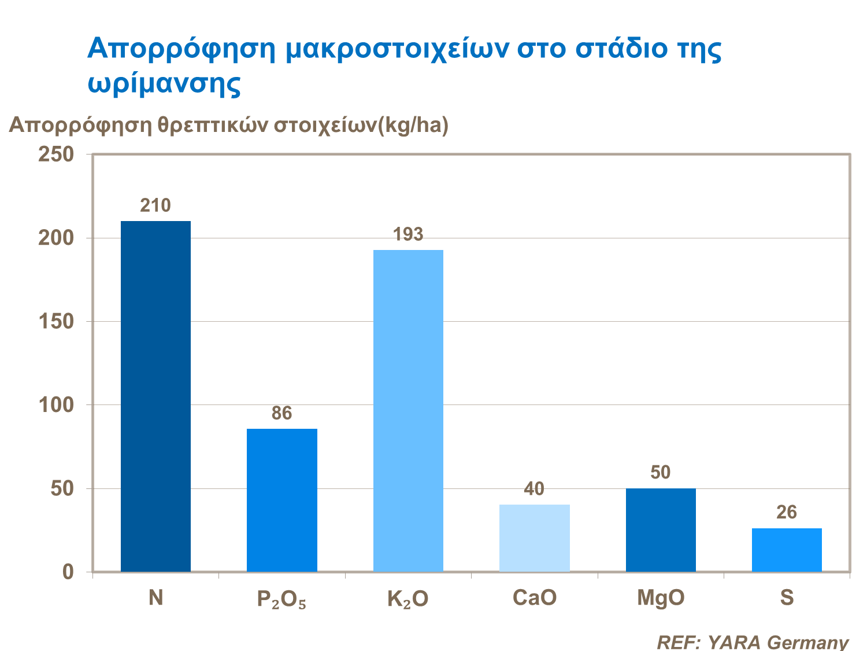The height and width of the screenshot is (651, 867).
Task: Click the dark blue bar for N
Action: (x=155, y=396)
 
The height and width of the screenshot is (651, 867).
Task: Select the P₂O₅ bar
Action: (x=282, y=500)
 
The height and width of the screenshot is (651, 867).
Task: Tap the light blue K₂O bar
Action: (x=408, y=411)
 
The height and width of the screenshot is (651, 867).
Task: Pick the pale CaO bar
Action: (x=535, y=538)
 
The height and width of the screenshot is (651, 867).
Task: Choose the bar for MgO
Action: (x=661, y=530)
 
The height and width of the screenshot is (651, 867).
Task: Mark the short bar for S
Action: (x=787, y=550)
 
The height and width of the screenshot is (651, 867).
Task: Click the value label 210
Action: (x=155, y=205)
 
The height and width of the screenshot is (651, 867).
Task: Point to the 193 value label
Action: (x=408, y=234)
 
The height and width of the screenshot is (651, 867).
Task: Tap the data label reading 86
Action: (x=282, y=413)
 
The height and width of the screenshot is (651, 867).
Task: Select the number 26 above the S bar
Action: (x=787, y=512)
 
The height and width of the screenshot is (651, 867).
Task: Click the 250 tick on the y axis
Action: (x=56, y=155)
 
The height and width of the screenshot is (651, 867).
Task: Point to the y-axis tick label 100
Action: (x=56, y=405)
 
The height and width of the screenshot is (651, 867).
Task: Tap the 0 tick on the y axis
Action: (x=68, y=572)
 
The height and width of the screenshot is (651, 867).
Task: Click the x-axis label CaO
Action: (x=535, y=598)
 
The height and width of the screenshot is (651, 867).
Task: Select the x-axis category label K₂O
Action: (x=408, y=599)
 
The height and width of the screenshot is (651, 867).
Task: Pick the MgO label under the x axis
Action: (x=661, y=598)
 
